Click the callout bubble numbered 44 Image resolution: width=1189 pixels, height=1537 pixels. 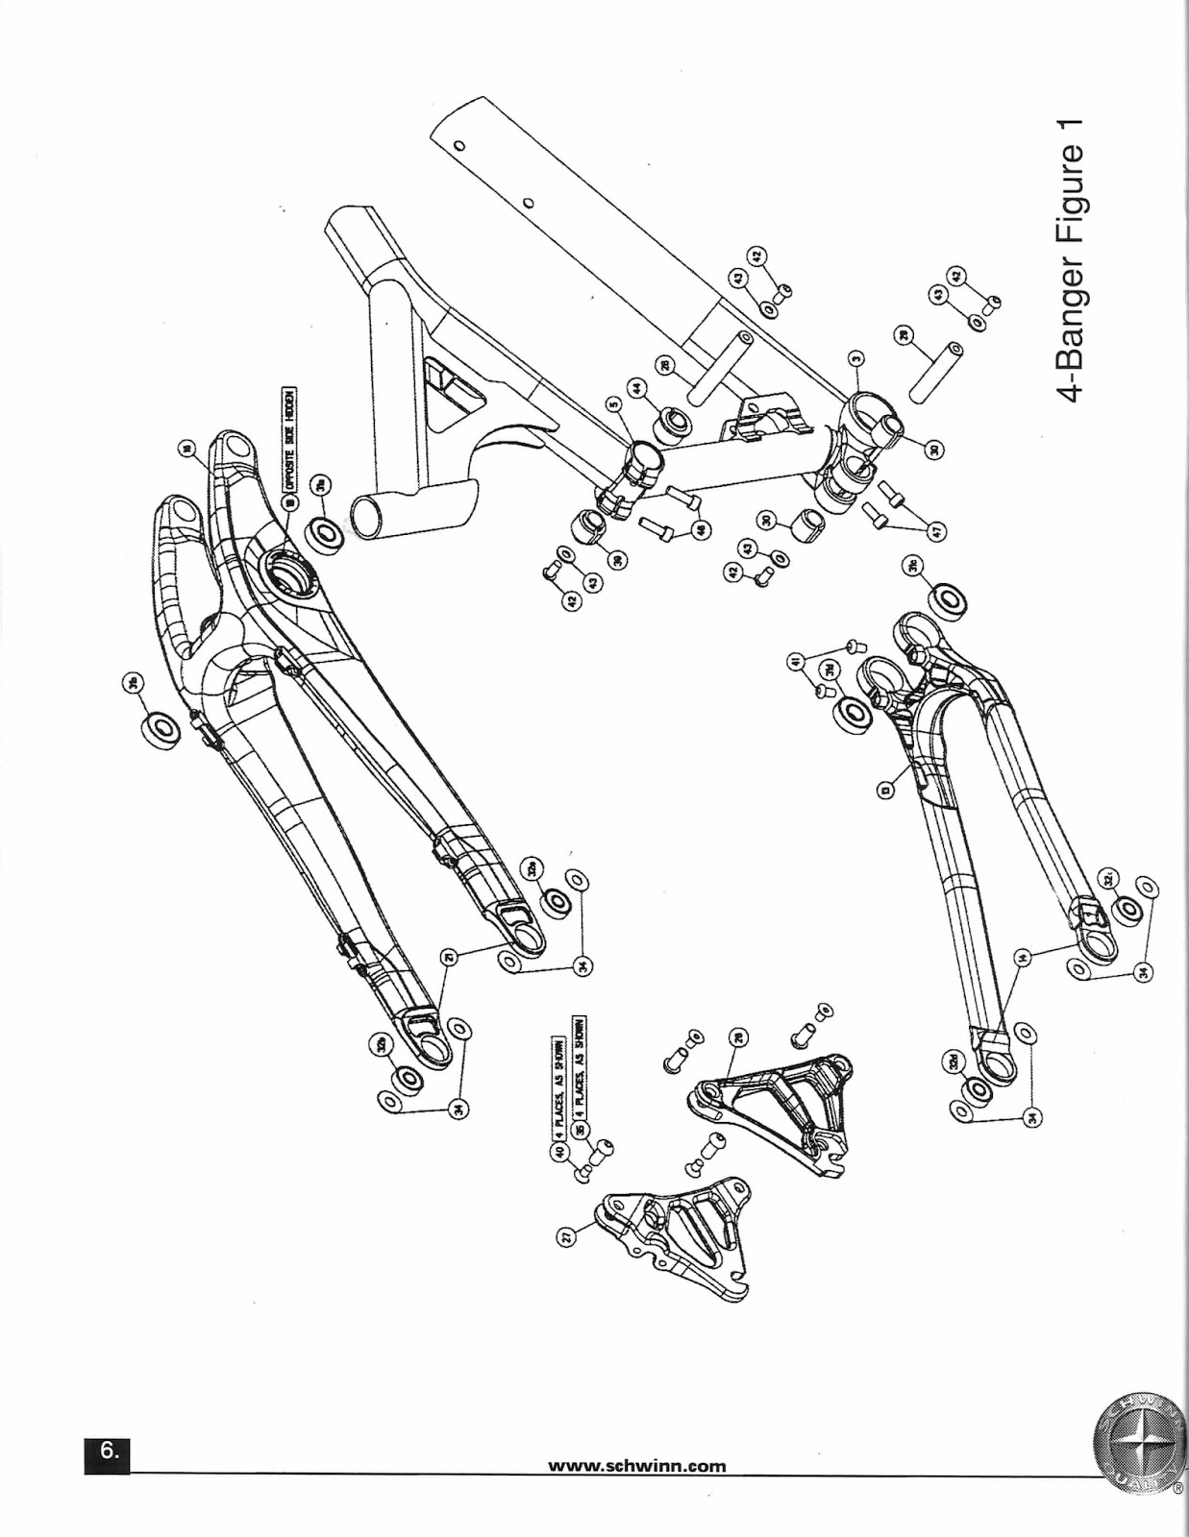(636, 388)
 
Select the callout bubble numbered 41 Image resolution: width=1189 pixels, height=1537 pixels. (795, 661)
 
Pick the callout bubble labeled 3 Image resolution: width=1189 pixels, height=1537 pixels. (856, 361)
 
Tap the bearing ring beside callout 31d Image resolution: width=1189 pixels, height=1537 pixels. (854, 715)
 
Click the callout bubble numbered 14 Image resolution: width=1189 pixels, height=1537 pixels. (1022, 956)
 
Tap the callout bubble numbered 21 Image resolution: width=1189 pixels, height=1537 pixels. (448, 956)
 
